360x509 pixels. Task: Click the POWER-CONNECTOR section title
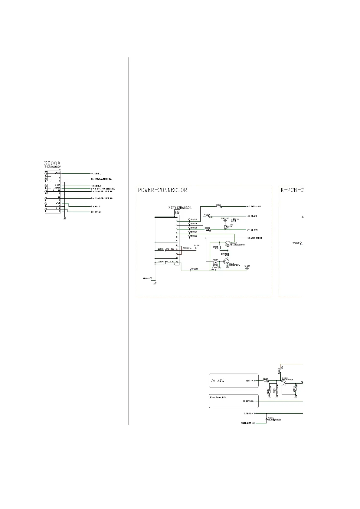point(162,190)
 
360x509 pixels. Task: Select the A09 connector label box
point(177,212)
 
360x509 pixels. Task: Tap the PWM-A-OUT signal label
point(256,206)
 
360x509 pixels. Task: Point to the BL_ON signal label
point(254,216)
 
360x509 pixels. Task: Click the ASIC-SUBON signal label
point(256,238)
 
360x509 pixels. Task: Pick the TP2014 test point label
point(188,248)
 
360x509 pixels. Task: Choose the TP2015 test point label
point(194,269)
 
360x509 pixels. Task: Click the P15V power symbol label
point(197,246)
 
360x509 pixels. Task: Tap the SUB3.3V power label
point(225,218)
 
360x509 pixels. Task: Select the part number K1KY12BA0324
point(180,208)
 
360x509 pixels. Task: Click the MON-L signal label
point(98,173)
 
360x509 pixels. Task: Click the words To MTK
point(217,380)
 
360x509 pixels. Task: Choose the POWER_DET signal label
point(246,423)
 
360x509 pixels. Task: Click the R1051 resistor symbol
point(265,381)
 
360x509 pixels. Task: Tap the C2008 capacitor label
point(161,249)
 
